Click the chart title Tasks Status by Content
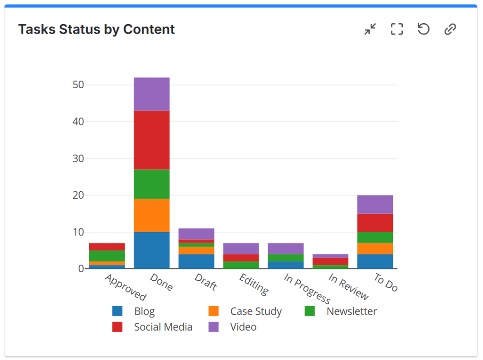coord(96,29)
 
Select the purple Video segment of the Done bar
coord(152,94)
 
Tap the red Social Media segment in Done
coord(152,140)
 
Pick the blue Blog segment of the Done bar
coord(152,250)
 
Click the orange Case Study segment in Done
coord(152,215)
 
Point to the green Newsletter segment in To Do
coord(375,237)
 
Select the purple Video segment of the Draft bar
coord(196,234)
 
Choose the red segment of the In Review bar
coord(330,261)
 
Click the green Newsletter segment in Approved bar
coord(107,256)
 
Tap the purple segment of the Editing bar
coord(241,249)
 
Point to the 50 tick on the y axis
coord(78,85)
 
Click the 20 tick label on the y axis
coord(78,195)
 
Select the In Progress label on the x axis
coord(307,288)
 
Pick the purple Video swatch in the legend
coord(213,327)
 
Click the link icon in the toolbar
coord(450,29)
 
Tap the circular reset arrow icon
coord(424,29)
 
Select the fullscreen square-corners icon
coord(397,29)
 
